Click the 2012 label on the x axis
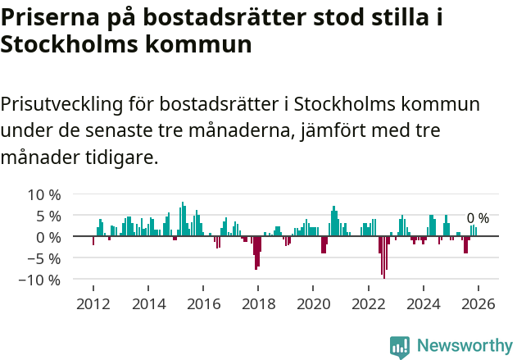[93, 303]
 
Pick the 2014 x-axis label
[147, 303]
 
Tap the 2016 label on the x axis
[203, 303]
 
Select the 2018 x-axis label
[258, 303]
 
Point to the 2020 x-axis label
[313, 303]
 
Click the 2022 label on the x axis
[368, 303]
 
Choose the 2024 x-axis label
[423, 303]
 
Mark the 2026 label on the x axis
[478, 303]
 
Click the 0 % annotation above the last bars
[478, 218]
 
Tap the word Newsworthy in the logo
[464, 346]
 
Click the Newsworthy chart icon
[400, 347]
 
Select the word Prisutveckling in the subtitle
[62, 105]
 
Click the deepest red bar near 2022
[384, 257]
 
